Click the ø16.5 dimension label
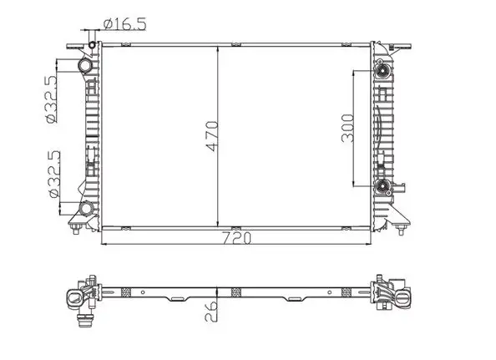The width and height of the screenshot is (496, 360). click(125, 23)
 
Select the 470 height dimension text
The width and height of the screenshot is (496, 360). click(211, 136)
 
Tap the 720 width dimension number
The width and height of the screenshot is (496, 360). click(236, 238)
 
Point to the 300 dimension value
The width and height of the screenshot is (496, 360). click(347, 128)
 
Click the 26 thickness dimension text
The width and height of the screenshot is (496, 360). click(211, 311)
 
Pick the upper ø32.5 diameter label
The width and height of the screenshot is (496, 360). click(51, 99)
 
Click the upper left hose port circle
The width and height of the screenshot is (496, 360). click(85, 65)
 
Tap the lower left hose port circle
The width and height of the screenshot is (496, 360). click(86, 209)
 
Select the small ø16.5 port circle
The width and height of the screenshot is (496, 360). click(92, 45)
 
